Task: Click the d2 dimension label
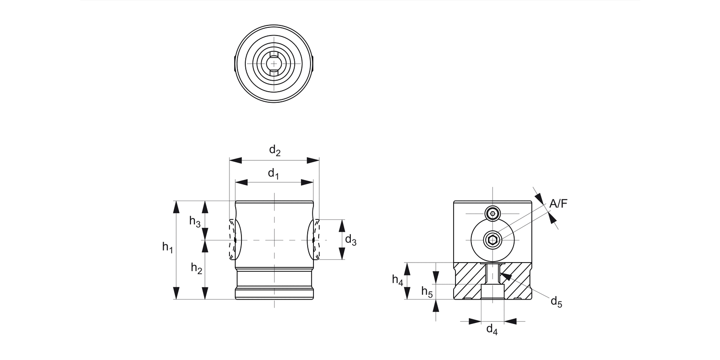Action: tap(274, 151)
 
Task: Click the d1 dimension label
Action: tap(273, 174)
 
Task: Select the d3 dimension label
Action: tap(351, 240)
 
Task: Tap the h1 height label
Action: tap(167, 248)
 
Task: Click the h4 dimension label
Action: tap(397, 279)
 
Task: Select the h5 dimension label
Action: tap(427, 291)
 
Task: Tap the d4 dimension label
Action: tap(492, 329)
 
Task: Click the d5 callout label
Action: tap(556, 302)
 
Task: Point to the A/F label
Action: tap(558, 204)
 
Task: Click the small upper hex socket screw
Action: tap(492, 213)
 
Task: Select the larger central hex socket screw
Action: tap(492, 240)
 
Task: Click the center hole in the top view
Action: tap(274, 63)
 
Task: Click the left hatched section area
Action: tap(468, 281)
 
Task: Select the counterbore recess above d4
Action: tap(492, 292)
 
